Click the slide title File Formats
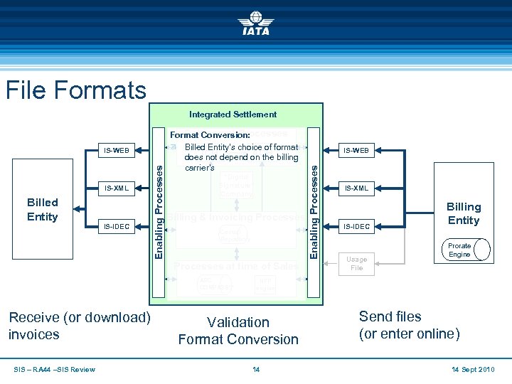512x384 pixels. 75,90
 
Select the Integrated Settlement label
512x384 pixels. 233,114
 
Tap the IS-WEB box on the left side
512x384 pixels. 117,151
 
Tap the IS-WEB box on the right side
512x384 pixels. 356,151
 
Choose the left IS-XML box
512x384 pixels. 117,188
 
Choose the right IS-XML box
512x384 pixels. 356,188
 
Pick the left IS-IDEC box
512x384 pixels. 117,227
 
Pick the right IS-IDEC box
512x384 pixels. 356,227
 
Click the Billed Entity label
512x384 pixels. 42,209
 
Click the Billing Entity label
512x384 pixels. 463,213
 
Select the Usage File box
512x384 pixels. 356,263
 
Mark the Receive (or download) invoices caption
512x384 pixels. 79,326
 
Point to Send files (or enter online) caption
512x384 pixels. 409,325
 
